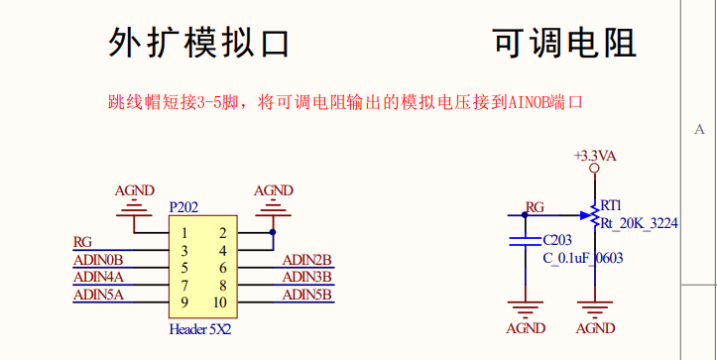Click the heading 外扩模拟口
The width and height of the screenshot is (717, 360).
point(198,44)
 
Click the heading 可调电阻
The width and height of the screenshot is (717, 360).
point(563,44)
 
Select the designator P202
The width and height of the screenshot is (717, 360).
point(183,207)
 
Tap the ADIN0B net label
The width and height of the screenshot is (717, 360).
point(98,260)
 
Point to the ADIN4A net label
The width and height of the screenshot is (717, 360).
point(98,277)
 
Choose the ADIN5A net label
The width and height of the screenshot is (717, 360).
point(98,295)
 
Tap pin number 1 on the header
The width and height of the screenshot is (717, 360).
point(184,233)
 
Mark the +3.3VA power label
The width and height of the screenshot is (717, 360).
point(595,156)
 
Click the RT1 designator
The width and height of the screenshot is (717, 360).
point(612,202)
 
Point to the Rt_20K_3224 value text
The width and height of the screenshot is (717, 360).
point(640,224)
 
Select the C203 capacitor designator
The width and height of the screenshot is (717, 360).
point(557,240)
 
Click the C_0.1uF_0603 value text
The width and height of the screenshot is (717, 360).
point(582,259)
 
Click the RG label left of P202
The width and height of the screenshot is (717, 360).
point(83,241)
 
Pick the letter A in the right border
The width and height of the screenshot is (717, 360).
point(700,130)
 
